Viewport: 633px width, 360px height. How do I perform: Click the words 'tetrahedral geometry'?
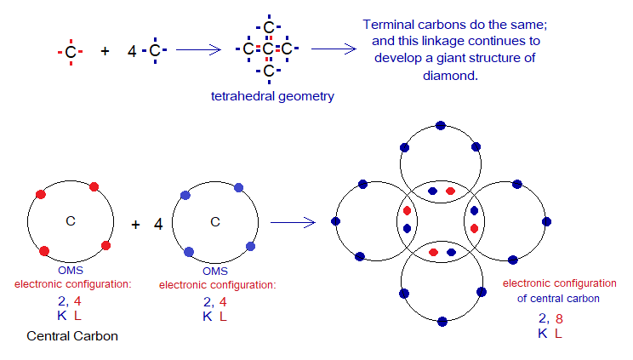272,96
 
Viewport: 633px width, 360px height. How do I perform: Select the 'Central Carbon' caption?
72,336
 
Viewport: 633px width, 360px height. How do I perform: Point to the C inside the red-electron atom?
71,221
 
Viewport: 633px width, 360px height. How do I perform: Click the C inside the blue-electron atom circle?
215,222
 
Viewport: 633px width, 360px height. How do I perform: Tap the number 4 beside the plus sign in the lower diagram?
158,225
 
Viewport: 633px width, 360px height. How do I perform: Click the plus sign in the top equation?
105,51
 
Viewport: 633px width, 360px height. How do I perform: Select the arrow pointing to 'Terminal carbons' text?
333,49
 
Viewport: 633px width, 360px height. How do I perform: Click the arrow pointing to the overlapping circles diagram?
293,223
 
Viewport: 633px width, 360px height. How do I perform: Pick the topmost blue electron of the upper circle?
440,126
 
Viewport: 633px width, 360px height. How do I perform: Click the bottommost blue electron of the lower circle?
442,321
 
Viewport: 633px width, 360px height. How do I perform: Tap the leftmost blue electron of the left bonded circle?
336,222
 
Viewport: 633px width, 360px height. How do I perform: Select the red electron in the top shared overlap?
450,191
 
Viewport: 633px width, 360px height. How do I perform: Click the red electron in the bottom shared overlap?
433,253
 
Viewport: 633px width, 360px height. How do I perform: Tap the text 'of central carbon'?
557,298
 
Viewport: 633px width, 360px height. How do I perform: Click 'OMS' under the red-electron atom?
71,271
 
